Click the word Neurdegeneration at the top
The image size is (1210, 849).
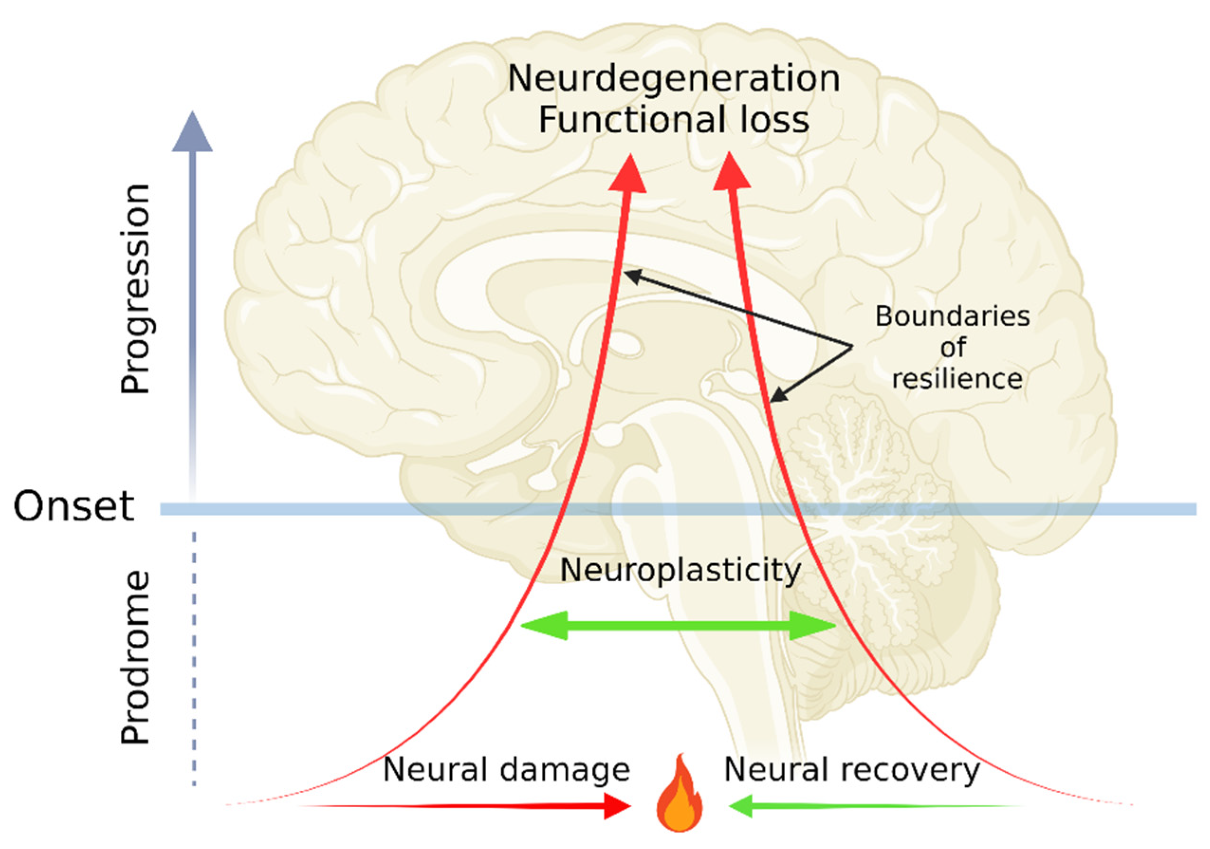[x=673, y=79]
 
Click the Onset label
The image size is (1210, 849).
[x=74, y=506]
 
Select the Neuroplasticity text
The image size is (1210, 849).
[x=680, y=570]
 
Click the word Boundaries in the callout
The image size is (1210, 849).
[x=952, y=317]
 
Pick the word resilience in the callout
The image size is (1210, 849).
[x=957, y=379]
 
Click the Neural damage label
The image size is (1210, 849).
[x=506, y=770]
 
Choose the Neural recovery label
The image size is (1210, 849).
[x=852, y=770]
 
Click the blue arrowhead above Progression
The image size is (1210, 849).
[x=192, y=134]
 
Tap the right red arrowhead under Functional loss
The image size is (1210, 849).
[x=732, y=173]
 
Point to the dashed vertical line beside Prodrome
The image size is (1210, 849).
[x=194, y=659]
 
